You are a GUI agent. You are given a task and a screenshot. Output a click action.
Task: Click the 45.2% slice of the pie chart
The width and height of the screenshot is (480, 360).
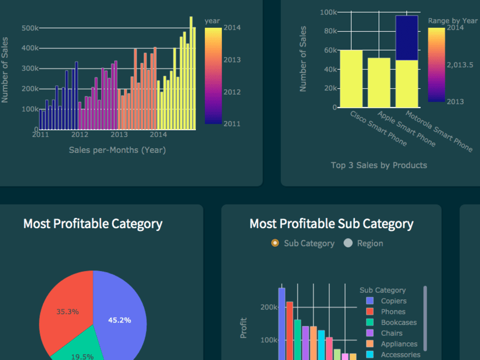[120, 317]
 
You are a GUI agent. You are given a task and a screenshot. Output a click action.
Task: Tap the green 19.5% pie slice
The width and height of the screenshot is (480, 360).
[77, 353]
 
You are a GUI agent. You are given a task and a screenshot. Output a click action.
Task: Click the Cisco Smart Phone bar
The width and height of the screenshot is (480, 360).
[351, 79]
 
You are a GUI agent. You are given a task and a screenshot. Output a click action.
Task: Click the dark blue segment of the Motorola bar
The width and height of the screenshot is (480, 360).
[407, 38]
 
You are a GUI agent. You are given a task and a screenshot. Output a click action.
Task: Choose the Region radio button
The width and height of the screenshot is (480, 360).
[348, 243]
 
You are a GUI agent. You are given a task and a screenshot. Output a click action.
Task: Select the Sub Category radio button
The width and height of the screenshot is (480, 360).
[275, 243]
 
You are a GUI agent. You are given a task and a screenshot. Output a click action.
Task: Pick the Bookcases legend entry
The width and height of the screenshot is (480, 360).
[398, 323]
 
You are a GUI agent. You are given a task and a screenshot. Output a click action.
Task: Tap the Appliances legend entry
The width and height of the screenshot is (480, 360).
[399, 344]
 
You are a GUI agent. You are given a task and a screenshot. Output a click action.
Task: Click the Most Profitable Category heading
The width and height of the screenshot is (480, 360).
[93, 224]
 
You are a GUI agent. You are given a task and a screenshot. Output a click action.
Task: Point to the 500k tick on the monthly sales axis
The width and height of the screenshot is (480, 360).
[30, 28]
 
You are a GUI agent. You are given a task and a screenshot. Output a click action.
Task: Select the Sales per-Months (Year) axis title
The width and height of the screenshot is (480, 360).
[117, 150]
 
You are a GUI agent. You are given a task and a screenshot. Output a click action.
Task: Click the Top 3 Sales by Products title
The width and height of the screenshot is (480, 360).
[379, 166]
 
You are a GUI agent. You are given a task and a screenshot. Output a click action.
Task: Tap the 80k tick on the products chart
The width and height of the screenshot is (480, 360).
[328, 31]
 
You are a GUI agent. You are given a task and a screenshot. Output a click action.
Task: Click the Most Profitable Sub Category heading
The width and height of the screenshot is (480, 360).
[331, 224]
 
